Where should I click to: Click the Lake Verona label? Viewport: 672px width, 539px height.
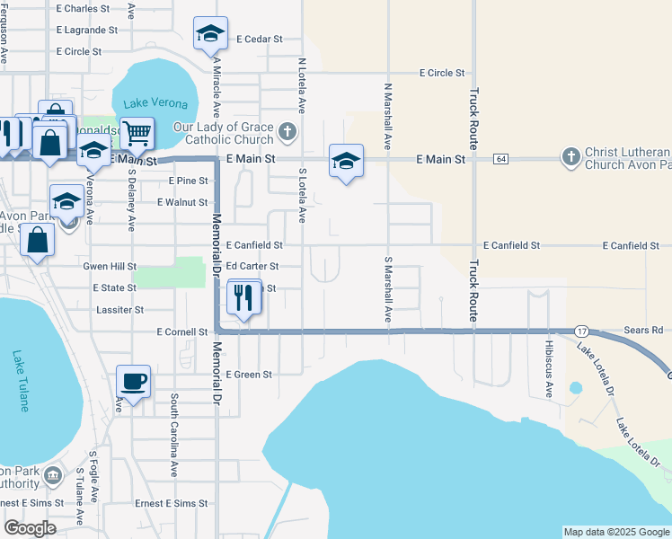149,103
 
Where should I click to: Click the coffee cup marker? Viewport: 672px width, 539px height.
133,382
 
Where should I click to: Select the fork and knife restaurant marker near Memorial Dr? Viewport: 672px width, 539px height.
243,296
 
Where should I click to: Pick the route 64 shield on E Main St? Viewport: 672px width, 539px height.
501,159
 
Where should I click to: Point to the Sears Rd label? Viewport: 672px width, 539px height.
644,331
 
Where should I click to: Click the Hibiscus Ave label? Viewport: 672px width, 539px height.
549,368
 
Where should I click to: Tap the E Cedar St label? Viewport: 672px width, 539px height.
260,40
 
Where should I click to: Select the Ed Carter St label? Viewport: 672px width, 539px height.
252,267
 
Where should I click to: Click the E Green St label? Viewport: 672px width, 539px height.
248,375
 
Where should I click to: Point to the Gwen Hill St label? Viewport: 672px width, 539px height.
110,267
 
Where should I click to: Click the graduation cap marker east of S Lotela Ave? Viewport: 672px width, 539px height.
346,162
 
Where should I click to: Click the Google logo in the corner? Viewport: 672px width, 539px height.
30,528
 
